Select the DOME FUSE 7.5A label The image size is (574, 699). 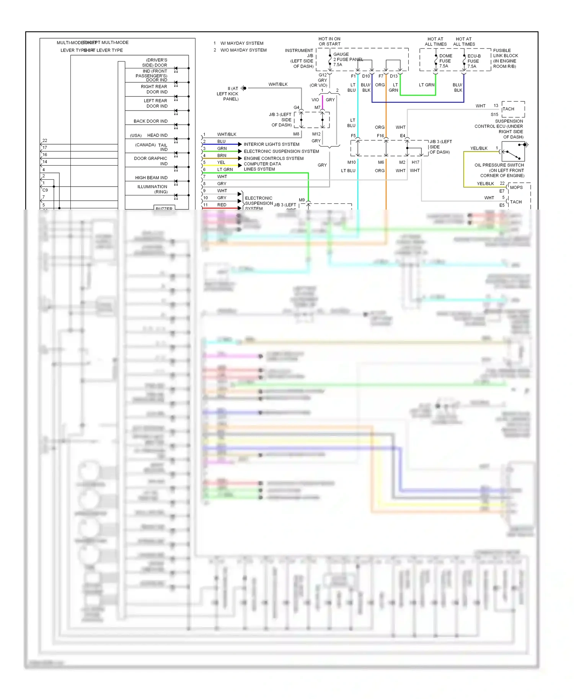click(x=445, y=61)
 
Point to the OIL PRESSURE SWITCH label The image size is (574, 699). click(x=499, y=165)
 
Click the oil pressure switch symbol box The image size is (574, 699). click(x=513, y=151)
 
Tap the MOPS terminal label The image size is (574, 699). click(x=516, y=187)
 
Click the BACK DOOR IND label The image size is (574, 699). click(x=150, y=121)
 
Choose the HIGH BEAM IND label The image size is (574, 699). click(x=151, y=178)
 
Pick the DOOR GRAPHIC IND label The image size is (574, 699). click(x=151, y=161)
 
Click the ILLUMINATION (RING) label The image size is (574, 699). click(x=152, y=189)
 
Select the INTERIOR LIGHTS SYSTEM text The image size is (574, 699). click(x=271, y=144)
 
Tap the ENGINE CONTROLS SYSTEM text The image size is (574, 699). click(x=273, y=158)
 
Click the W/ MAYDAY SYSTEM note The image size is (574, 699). click(x=242, y=43)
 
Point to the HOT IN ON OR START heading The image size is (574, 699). click(x=329, y=41)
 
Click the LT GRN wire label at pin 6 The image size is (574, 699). click(x=225, y=169)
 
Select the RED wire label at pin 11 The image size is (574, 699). click(x=222, y=205)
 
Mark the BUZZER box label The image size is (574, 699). click(x=164, y=208)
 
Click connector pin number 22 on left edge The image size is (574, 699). click(x=45, y=141)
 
